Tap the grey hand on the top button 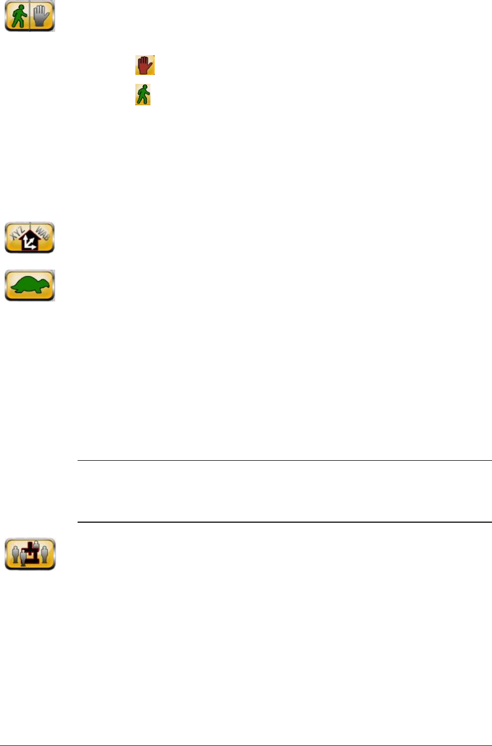coord(42,16)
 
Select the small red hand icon coord(145,66)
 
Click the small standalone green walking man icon coord(143,95)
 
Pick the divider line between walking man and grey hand coord(30,16)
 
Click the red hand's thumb coord(138,67)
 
